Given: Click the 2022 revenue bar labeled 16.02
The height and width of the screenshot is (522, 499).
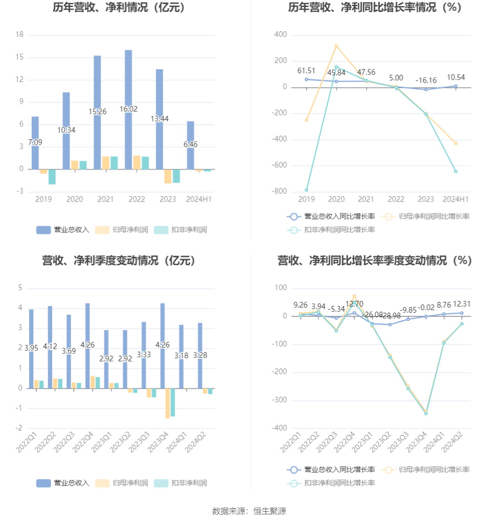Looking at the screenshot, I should (x=128, y=82).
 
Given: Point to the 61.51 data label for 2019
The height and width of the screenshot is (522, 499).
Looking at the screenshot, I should (x=307, y=71).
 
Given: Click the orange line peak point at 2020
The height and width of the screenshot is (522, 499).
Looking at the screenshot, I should (x=336, y=46).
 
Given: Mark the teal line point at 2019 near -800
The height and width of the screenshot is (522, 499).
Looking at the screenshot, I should (x=307, y=190).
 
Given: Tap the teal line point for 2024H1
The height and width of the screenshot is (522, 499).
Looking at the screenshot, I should (x=455, y=171).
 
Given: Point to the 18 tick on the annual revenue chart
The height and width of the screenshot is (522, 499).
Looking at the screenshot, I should (x=20, y=35).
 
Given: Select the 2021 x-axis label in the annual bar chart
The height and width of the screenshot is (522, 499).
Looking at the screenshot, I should (x=105, y=199).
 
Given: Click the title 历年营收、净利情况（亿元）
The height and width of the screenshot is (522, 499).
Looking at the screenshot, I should (x=119, y=8).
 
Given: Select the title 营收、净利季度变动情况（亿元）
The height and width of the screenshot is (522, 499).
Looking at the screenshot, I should (x=119, y=260).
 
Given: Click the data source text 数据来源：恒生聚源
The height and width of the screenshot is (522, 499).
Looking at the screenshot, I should (x=249, y=511).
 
